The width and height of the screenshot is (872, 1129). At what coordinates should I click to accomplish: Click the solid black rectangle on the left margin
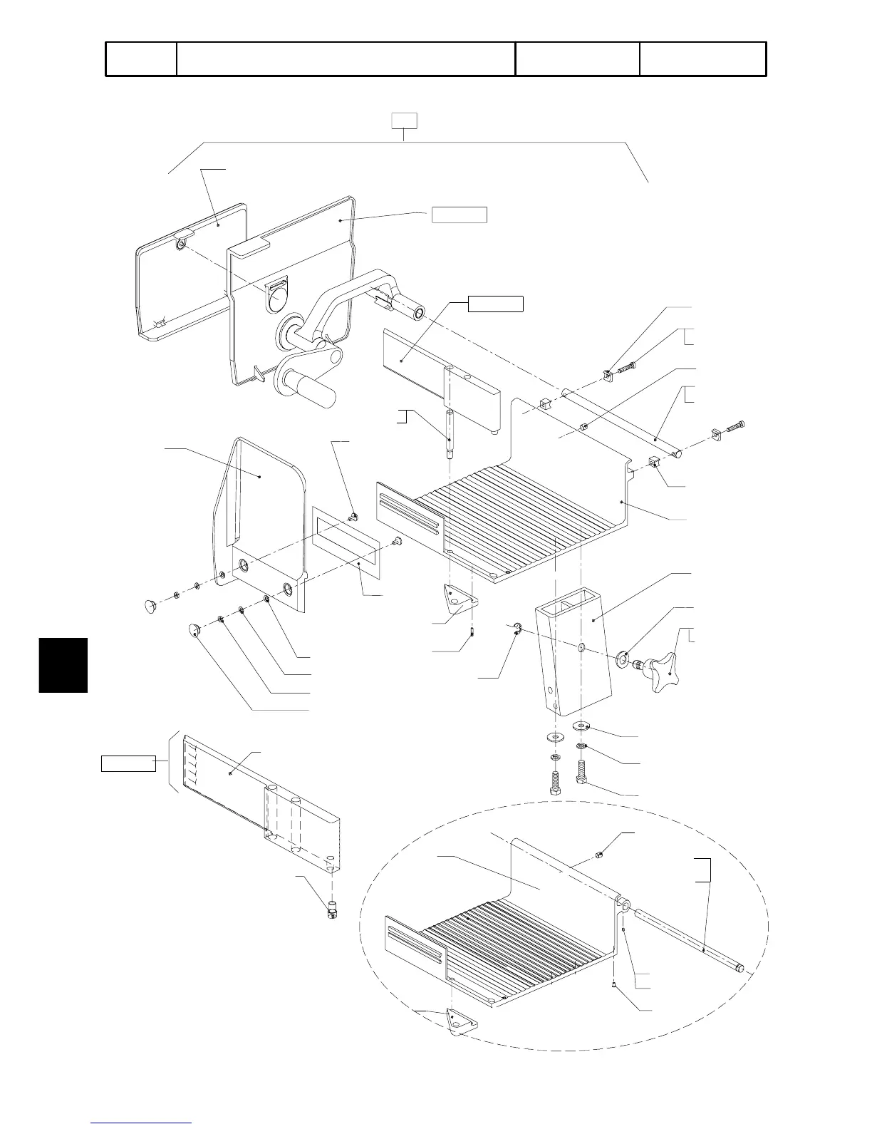coord(63,665)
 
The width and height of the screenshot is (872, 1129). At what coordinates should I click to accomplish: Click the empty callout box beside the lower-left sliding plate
coord(128,763)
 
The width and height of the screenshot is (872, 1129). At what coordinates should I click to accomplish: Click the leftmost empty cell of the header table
coord(141,59)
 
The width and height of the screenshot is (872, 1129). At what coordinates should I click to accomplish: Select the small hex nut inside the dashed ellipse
coord(600,855)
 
